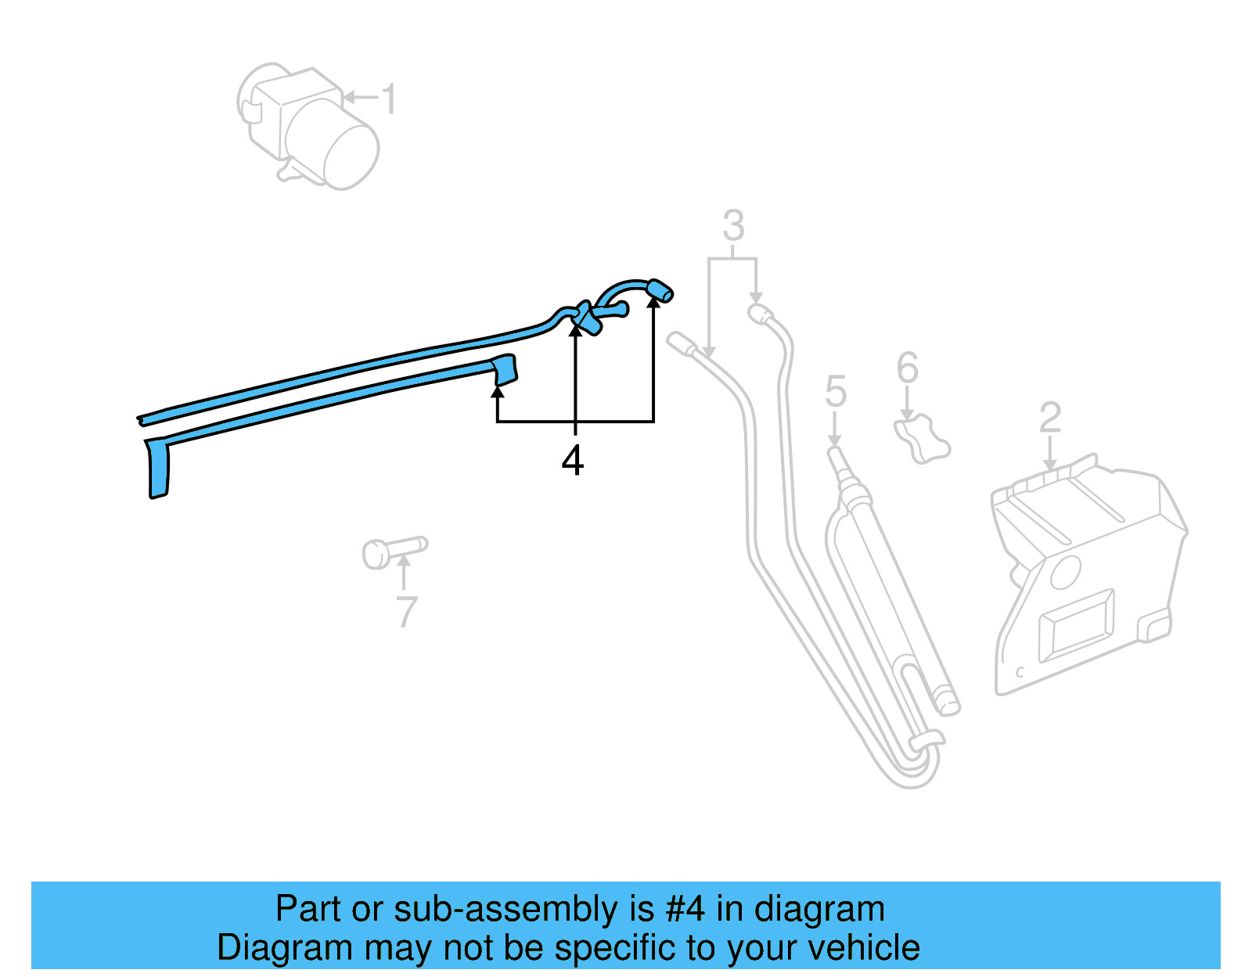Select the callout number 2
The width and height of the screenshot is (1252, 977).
(1049, 418)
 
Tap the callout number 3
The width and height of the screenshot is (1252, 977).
(732, 226)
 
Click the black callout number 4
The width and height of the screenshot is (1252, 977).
(573, 460)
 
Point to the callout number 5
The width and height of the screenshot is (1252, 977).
(835, 391)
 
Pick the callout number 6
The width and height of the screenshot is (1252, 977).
(907, 368)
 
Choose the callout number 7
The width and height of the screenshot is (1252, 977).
(406, 612)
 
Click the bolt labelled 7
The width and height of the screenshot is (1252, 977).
(391, 551)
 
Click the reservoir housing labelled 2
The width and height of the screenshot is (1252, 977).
(1088, 579)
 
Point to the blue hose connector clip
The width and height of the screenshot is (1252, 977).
(585, 316)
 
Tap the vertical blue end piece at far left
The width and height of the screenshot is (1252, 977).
(159, 469)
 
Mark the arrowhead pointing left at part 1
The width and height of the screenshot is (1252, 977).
(349, 98)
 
